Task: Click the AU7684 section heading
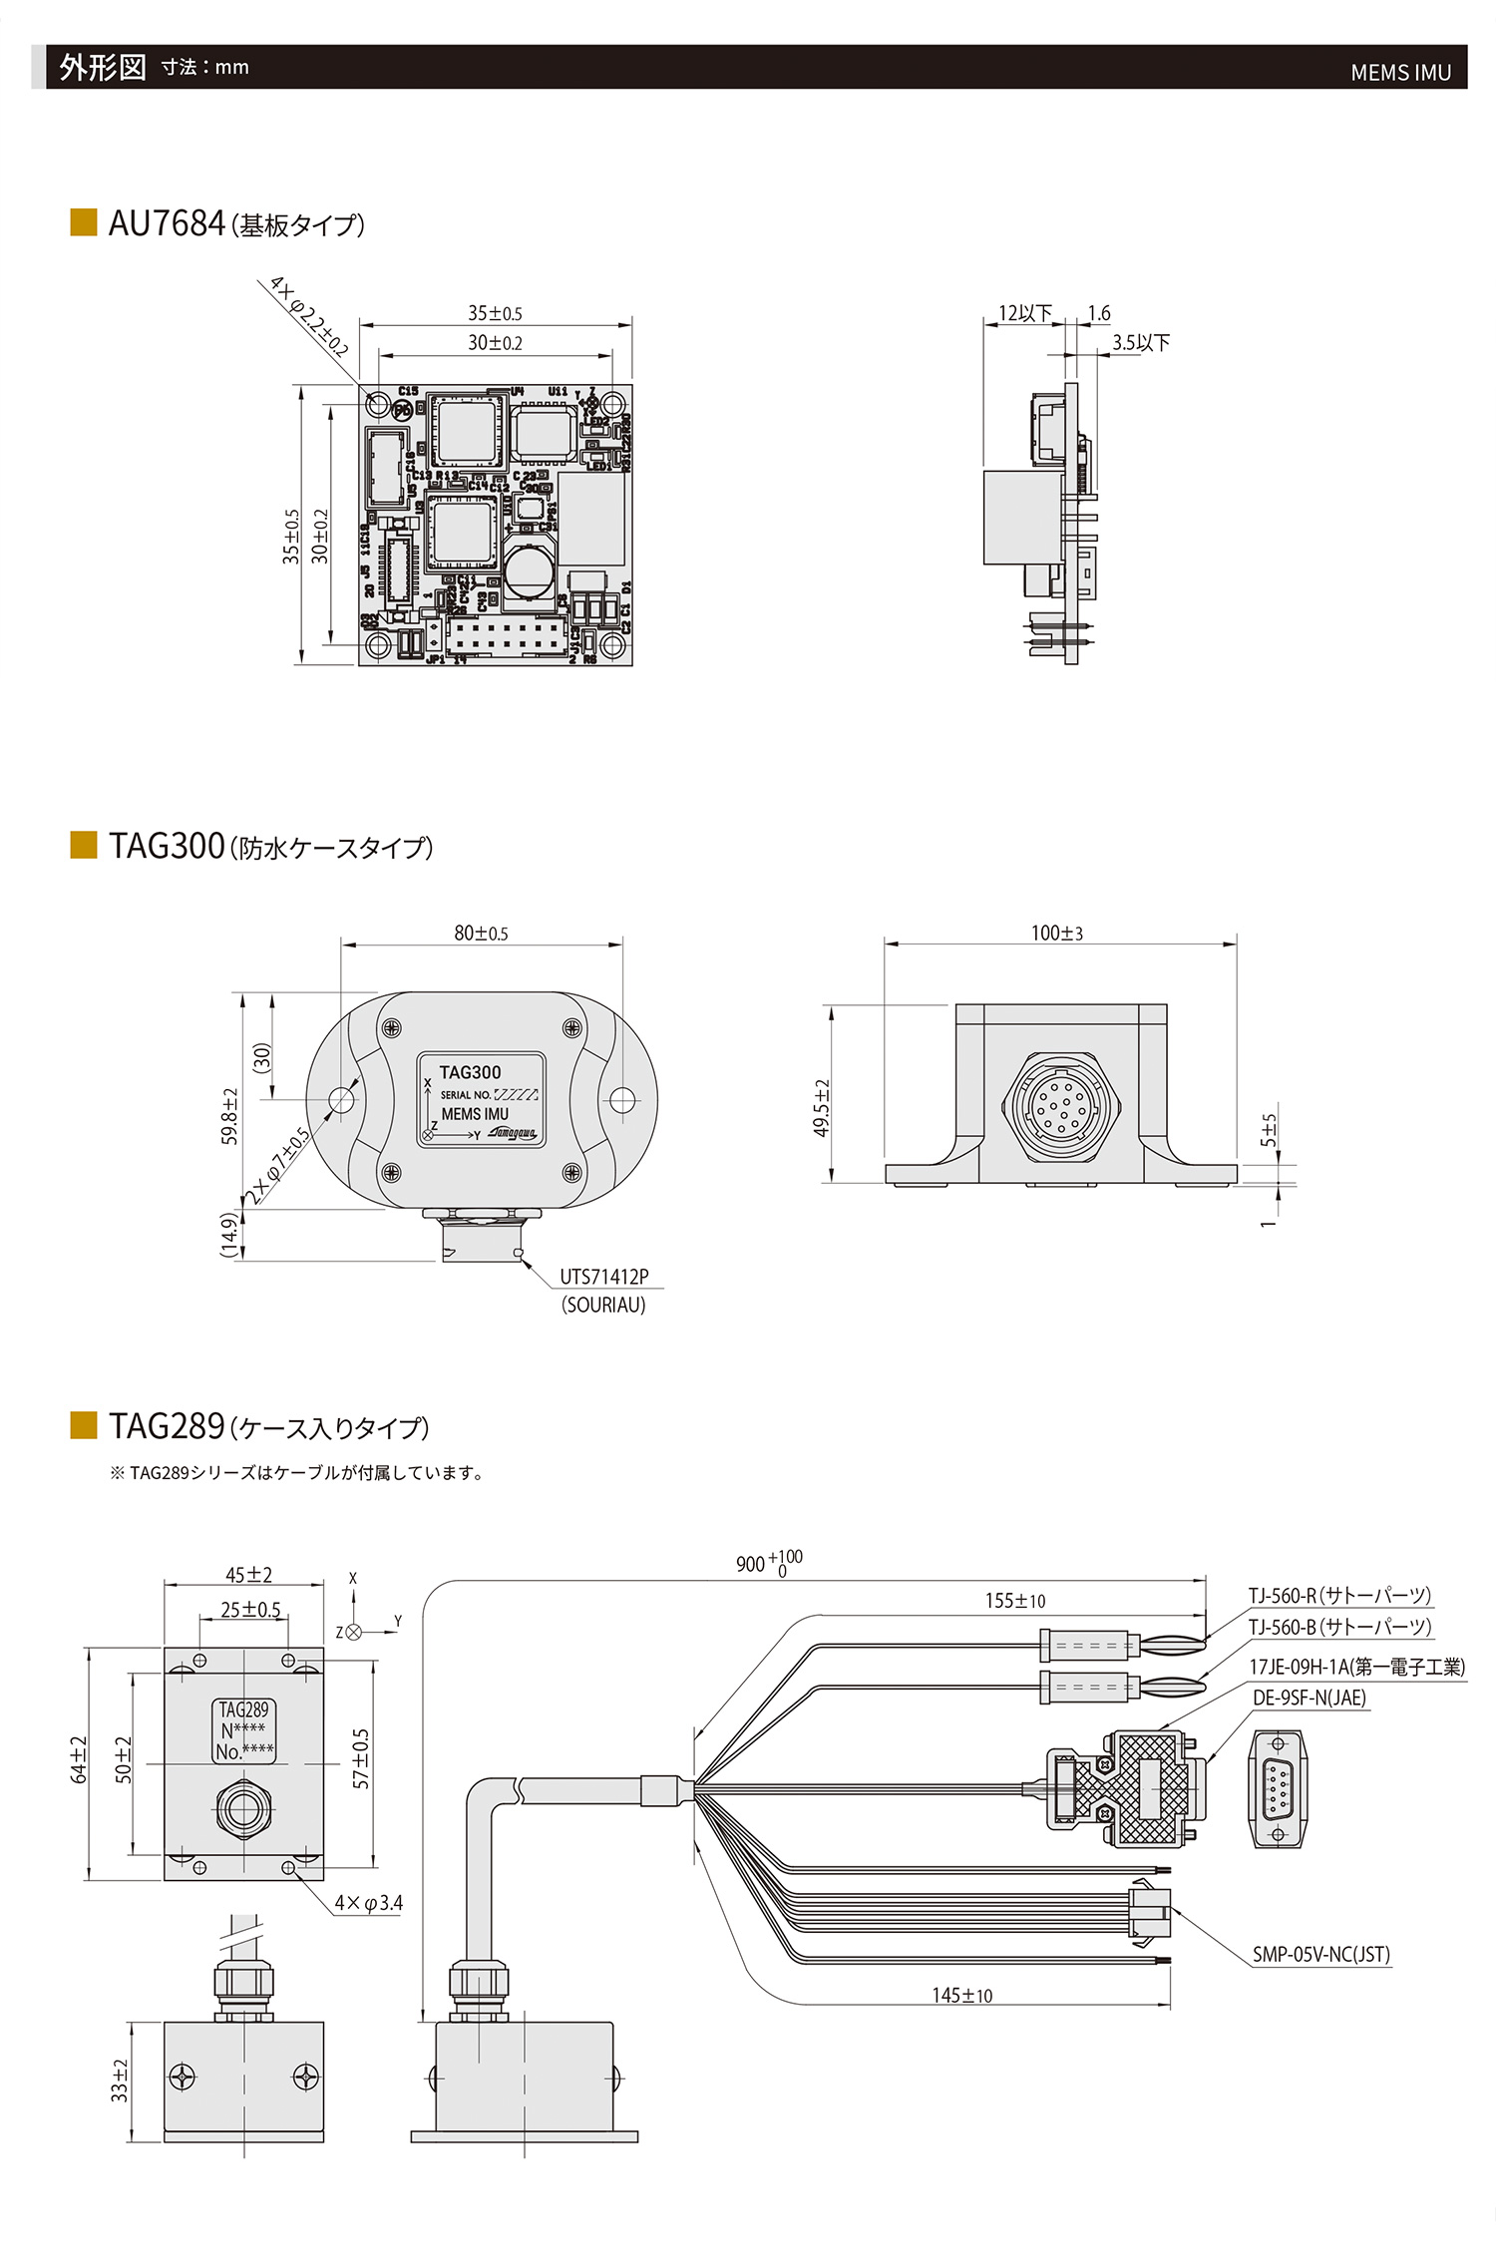pos(236,224)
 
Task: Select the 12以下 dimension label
pos(1024,313)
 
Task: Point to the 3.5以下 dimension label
pos(1141,343)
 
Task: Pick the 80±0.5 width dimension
pos(481,934)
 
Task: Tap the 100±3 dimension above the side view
pos(1056,934)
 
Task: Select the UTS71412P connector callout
pos(603,1277)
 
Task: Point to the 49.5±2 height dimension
pos(822,1108)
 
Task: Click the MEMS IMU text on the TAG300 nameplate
pos(475,1114)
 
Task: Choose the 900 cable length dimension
pos(768,1563)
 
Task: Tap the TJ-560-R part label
pos(1338,1595)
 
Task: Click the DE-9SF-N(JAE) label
pos(1309,1698)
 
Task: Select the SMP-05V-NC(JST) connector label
pos(1320,1954)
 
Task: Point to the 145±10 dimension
pos(961,1995)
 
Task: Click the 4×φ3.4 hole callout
pos(368,1902)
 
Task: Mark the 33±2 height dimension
pos(120,2079)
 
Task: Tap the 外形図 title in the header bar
pos(102,67)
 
